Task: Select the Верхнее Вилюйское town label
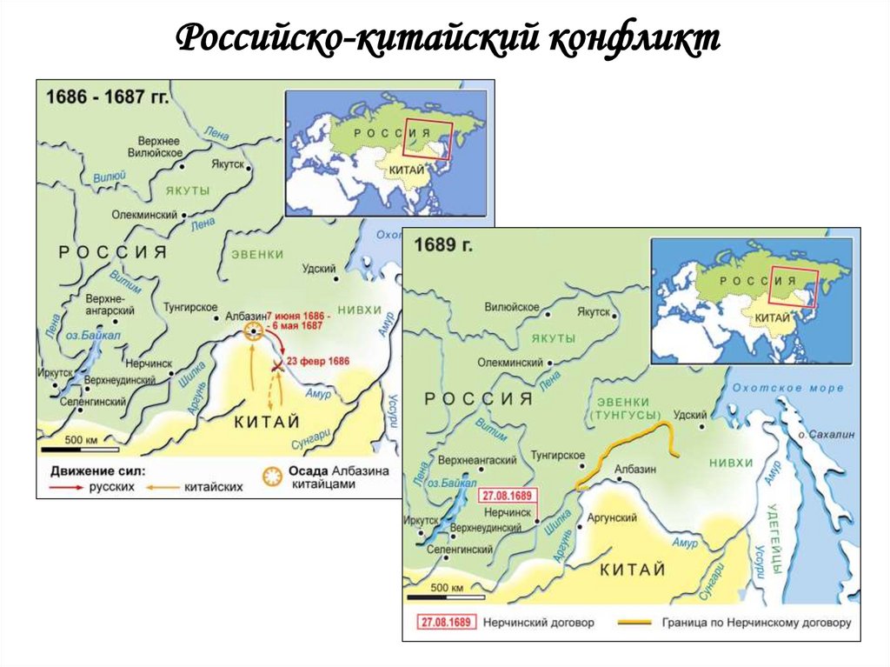pyautogui.click(x=159, y=146)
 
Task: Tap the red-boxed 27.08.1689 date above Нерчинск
pyautogui.click(x=508, y=496)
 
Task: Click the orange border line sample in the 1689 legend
pyautogui.click(x=641, y=623)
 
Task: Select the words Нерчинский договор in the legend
pyautogui.click(x=529, y=624)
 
